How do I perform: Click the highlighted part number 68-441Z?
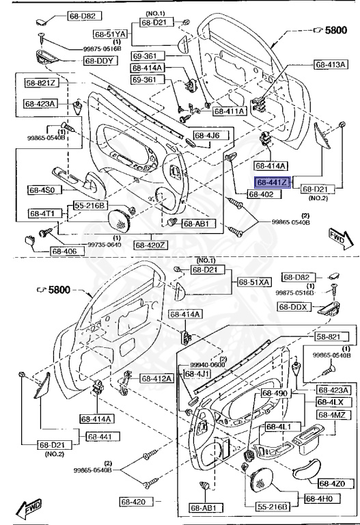(273, 183)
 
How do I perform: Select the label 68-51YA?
(111, 33)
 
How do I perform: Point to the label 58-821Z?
(42, 83)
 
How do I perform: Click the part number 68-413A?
(331, 65)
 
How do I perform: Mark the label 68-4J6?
(206, 135)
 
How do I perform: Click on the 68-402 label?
(261, 195)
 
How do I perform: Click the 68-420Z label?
(150, 244)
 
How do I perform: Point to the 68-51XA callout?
(254, 282)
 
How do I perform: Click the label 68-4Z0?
(333, 483)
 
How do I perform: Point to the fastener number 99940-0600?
(208, 365)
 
